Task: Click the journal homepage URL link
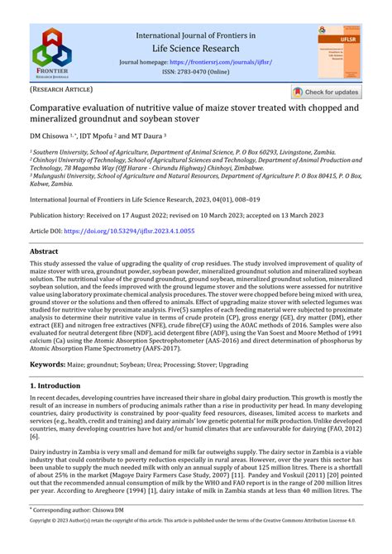tap(219, 62)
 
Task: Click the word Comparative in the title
tap(62, 108)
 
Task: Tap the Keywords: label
tap(48, 364)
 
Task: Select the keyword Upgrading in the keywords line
tap(252, 365)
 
